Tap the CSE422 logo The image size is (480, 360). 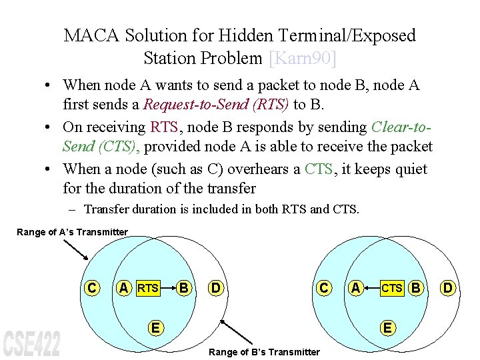[x=31, y=341]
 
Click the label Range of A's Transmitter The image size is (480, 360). [x=72, y=232]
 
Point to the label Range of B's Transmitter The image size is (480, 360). [x=265, y=352]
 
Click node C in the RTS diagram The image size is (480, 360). [x=91, y=288]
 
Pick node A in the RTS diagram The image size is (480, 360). [x=123, y=288]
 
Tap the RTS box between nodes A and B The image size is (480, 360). [x=148, y=288]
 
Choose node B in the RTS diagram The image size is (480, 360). [x=184, y=288]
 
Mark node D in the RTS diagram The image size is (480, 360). [x=216, y=288]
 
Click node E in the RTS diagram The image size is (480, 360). [x=155, y=327]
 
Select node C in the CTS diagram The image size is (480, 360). [x=323, y=288]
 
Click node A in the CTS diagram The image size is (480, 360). [x=356, y=288]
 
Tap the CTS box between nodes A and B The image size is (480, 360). [x=392, y=288]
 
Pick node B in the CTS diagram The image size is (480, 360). [x=416, y=288]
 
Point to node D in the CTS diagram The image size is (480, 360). [x=448, y=288]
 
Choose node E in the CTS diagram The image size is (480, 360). [x=387, y=327]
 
